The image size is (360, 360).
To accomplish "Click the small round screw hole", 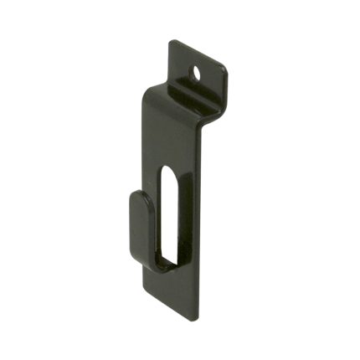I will point(199,73).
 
